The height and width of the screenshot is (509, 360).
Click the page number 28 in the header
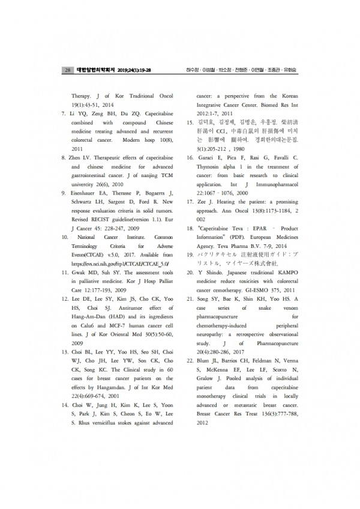(x=67, y=70)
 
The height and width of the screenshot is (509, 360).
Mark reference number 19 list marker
(x=188, y=255)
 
